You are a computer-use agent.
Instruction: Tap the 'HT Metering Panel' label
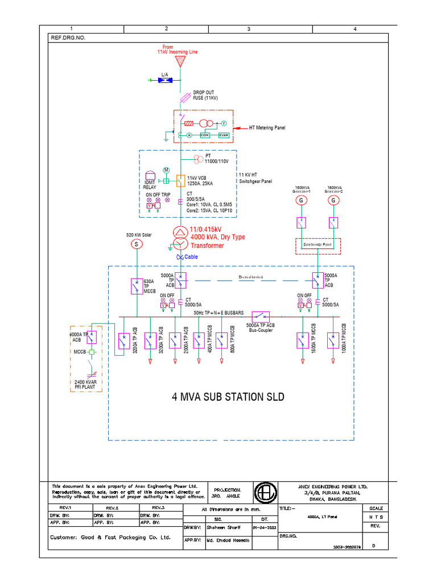(x=267, y=128)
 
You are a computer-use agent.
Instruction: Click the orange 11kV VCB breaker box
(x=180, y=181)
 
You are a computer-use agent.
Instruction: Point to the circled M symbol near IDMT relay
(x=167, y=170)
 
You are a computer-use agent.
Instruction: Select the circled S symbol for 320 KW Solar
(x=136, y=244)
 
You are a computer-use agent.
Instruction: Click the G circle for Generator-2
(x=333, y=200)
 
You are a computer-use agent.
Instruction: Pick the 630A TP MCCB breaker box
(x=136, y=286)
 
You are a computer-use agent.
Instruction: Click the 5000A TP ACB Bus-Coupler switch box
(x=261, y=316)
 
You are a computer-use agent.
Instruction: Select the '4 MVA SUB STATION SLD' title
(x=228, y=396)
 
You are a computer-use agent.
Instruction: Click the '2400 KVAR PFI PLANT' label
(x=86, y=384)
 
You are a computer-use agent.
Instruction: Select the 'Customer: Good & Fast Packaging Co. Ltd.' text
(x=110, y=537)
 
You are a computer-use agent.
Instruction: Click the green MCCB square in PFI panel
(x=90, y=352)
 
